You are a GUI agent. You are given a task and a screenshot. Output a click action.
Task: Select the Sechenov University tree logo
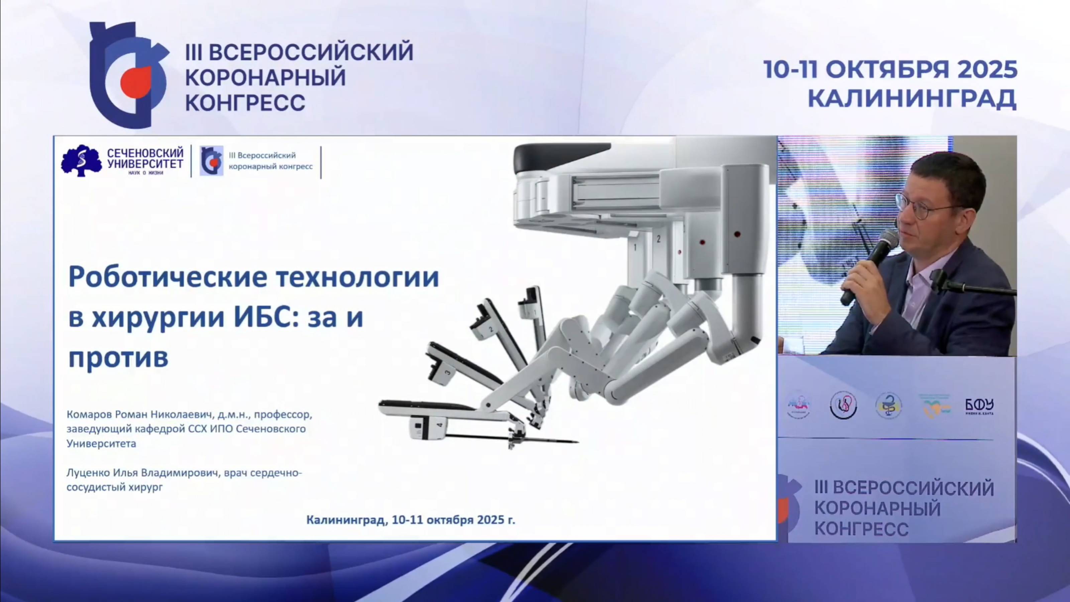81,161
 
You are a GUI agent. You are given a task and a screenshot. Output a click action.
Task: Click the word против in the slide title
118,357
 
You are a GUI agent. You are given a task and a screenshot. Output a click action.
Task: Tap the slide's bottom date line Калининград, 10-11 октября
410,520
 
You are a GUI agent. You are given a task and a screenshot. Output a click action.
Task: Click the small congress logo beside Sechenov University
211,161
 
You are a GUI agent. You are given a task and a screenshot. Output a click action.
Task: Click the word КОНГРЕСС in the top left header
245,103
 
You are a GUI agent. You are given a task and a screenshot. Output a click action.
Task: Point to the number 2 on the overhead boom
658,239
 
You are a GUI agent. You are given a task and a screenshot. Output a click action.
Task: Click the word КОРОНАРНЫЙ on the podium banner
877,508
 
